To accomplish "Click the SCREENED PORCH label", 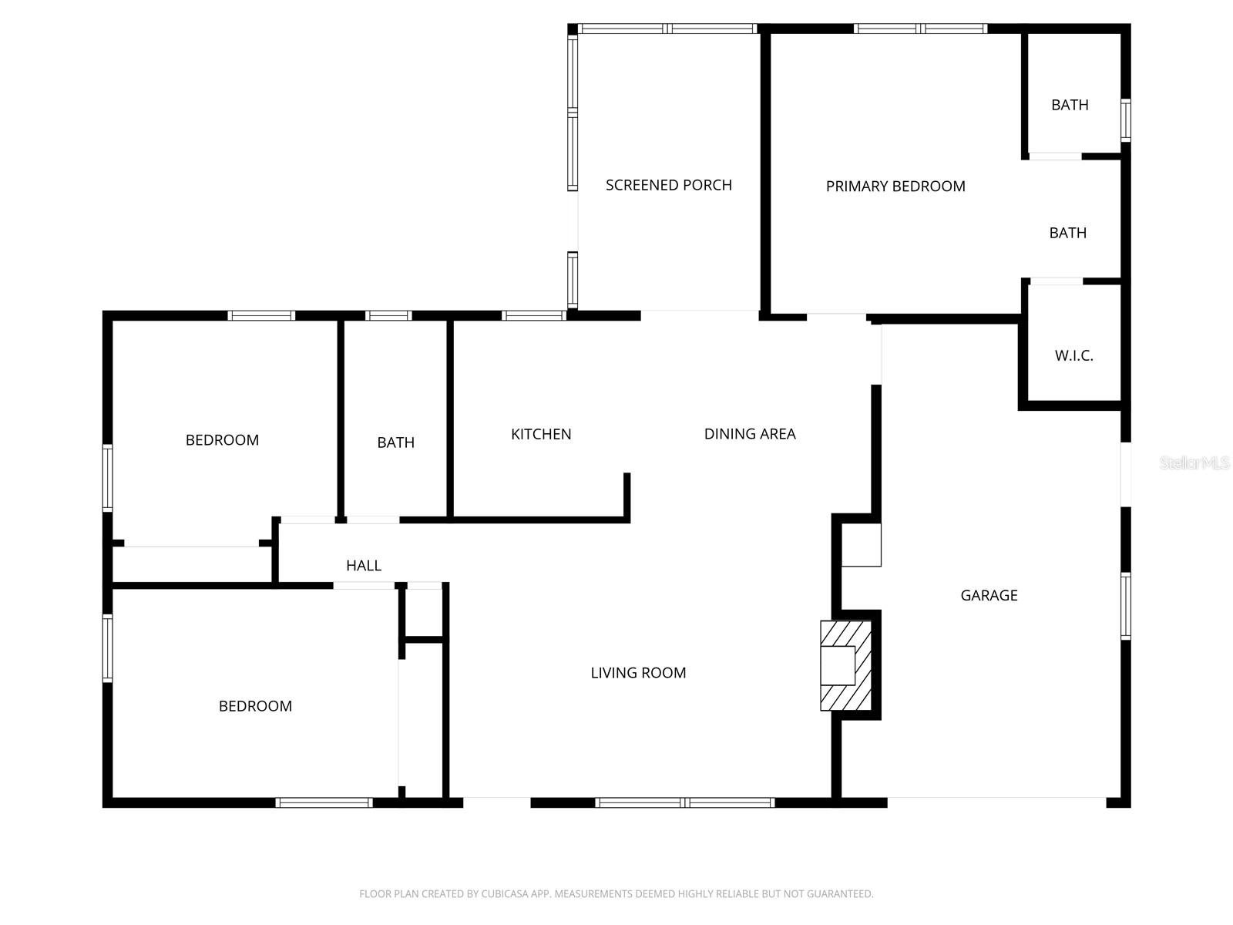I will point(668,185).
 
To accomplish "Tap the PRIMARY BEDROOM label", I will point(895,186).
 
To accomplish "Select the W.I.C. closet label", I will point(1073,355).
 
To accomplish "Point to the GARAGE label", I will point(989,595).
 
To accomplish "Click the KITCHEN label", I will point(541,434).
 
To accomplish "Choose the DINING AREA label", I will point(750,434).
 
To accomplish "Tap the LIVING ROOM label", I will point(638,673).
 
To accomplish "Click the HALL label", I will point(364,566).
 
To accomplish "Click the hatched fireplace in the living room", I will point(845,665).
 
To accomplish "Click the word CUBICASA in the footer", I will point(505,894).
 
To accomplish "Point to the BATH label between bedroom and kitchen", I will point(396,442).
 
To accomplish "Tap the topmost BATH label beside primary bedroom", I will point(1070,105).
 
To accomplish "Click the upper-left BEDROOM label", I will point(222,440).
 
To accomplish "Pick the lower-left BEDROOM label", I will point(255,706).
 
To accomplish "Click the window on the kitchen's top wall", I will point(534,315).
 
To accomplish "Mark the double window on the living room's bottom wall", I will point(685,802).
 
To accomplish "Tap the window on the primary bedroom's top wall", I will point(920,29).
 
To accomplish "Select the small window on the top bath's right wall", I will point(1125,120).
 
